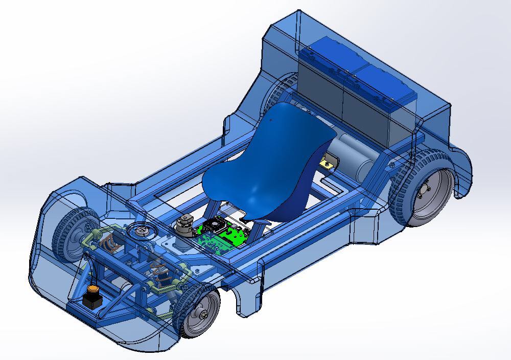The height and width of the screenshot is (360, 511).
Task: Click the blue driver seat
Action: [266, 164]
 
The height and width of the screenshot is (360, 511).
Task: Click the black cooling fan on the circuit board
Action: [215, 224]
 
